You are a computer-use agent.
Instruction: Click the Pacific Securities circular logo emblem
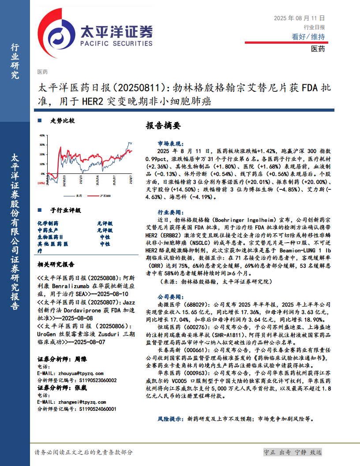pos(56,34)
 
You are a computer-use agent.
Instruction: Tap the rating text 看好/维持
pos(308,37)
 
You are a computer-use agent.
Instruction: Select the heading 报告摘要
pos(163,125)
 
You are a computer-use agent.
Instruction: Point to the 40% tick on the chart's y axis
pos(42,135)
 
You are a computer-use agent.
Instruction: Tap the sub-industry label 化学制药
pos(48,224)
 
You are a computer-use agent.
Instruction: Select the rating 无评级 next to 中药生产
pos(105,230)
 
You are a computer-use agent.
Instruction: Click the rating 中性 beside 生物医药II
pos(105,237)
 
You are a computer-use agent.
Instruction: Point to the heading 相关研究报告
pos(56,265)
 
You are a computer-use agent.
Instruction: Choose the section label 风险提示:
pos(170,417)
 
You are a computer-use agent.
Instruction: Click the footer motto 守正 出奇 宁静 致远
pos(292,452)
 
